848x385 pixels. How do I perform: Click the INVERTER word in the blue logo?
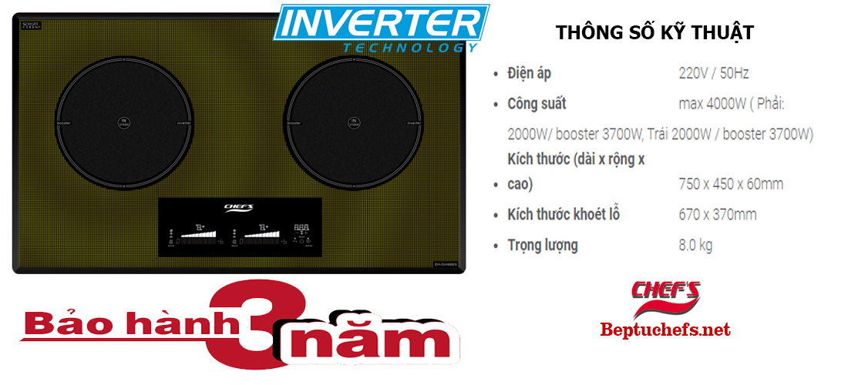pos(382,23)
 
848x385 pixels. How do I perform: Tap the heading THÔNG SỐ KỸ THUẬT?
pos(654,34)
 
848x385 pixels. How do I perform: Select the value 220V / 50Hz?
pos(713,73)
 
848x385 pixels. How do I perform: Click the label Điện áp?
pos(529,73)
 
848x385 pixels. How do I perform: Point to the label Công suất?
pos(537,103)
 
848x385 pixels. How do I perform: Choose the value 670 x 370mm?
pos(717,214)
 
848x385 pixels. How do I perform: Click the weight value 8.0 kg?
pos(695,246)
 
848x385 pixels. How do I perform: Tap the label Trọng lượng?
pos(543,246)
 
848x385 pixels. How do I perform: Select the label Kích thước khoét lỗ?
pos(564,214)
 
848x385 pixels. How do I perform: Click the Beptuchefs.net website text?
pos(665,330)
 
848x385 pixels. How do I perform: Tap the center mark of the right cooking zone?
pos(353,122)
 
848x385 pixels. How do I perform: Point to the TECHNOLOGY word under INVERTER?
pos(409,48)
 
